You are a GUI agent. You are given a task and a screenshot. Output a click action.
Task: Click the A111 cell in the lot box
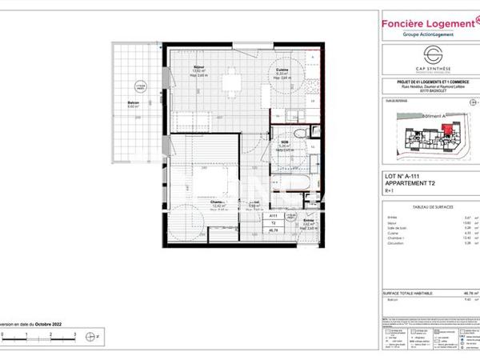pos(273,215)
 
